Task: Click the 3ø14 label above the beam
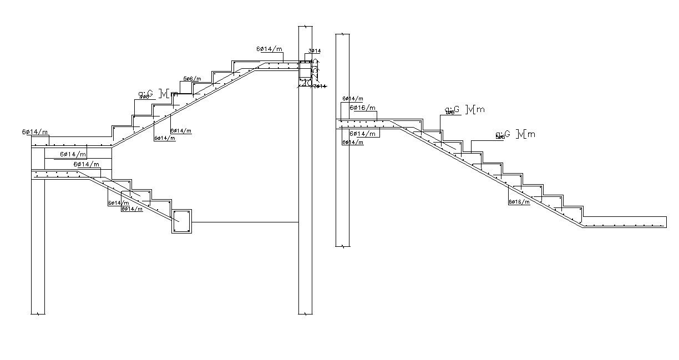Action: [315, 51]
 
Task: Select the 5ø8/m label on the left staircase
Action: [192, 79]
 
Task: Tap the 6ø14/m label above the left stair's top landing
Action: [269, 49]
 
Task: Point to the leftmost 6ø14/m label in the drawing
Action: [35, 132]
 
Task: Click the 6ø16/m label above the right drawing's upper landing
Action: [362, 108]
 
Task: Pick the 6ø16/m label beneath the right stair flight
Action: [519, 201]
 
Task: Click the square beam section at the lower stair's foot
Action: [181, 221]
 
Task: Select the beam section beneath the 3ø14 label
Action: [305, 71]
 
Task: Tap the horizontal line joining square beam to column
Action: [245, 222]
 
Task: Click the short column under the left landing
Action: [38, 244]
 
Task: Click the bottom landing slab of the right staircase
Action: [624, 221]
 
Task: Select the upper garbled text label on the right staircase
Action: [465, 110]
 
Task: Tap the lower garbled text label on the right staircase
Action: [515, 134]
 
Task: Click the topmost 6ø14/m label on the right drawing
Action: [353, 99]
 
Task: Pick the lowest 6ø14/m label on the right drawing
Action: [353, 143]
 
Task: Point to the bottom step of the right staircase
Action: [571, 211]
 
